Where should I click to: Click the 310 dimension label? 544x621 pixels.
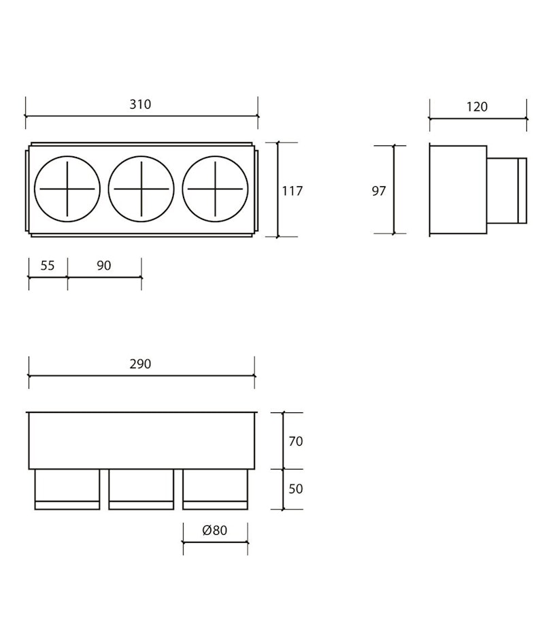tap(140, 105)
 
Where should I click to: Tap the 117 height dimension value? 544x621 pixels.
tap(292, 191)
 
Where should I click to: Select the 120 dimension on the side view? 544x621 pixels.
tap(477, 107)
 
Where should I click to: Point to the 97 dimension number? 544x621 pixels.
tap(379, 191)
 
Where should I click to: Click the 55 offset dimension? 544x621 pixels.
tap(47, 265)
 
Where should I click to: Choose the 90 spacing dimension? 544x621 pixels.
tap(103, 265)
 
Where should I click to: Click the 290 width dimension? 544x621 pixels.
tap(140, 364)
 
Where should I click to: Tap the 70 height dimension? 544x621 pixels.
tap(295, 442)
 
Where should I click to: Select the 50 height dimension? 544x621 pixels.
tap(295, 489)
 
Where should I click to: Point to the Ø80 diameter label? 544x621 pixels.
tap(215, 531)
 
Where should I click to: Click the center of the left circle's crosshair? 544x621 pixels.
tap(67, 188)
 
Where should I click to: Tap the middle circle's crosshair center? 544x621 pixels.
tap(141, 188)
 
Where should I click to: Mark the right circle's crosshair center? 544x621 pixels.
tap(215, 188)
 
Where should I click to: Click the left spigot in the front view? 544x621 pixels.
tap(67, 489)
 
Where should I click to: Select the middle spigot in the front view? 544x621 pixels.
tap(141, 489)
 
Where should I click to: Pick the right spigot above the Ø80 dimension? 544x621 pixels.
tap(215, 489)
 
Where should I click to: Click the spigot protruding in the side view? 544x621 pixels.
tap(507, 191)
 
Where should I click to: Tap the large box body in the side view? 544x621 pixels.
tap(458, 191)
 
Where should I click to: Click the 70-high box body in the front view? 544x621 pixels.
tap(141, 441)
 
